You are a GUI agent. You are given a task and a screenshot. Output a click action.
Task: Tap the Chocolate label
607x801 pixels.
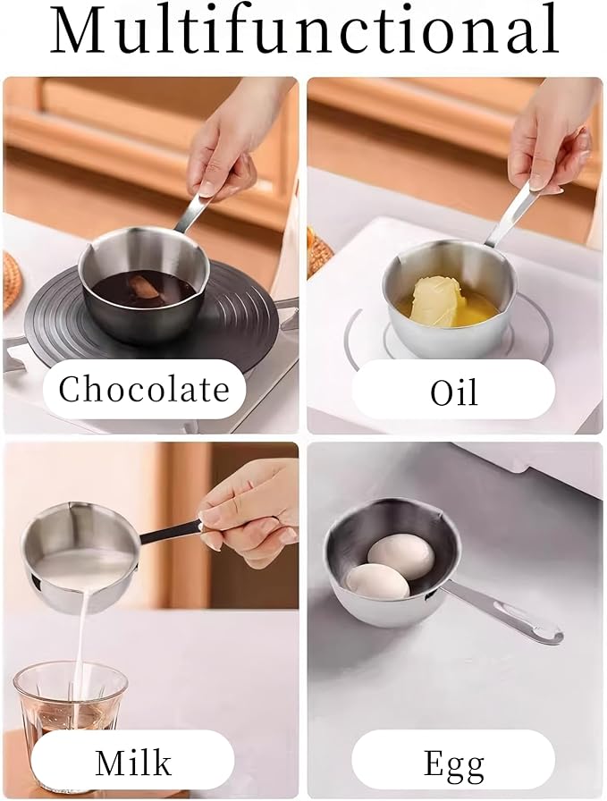(x=144, y=389)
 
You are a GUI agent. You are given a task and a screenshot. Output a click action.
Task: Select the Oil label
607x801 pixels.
(x=453, y=391)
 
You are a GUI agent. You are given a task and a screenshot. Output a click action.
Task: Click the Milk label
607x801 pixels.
(x=133, y=762)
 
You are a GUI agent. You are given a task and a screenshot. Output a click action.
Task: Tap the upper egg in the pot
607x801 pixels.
(x=401, y=554)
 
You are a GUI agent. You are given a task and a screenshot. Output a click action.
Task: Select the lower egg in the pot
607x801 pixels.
(x=377, y=581)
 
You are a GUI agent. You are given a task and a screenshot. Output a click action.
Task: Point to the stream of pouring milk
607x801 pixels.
(x=82, y=644)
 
